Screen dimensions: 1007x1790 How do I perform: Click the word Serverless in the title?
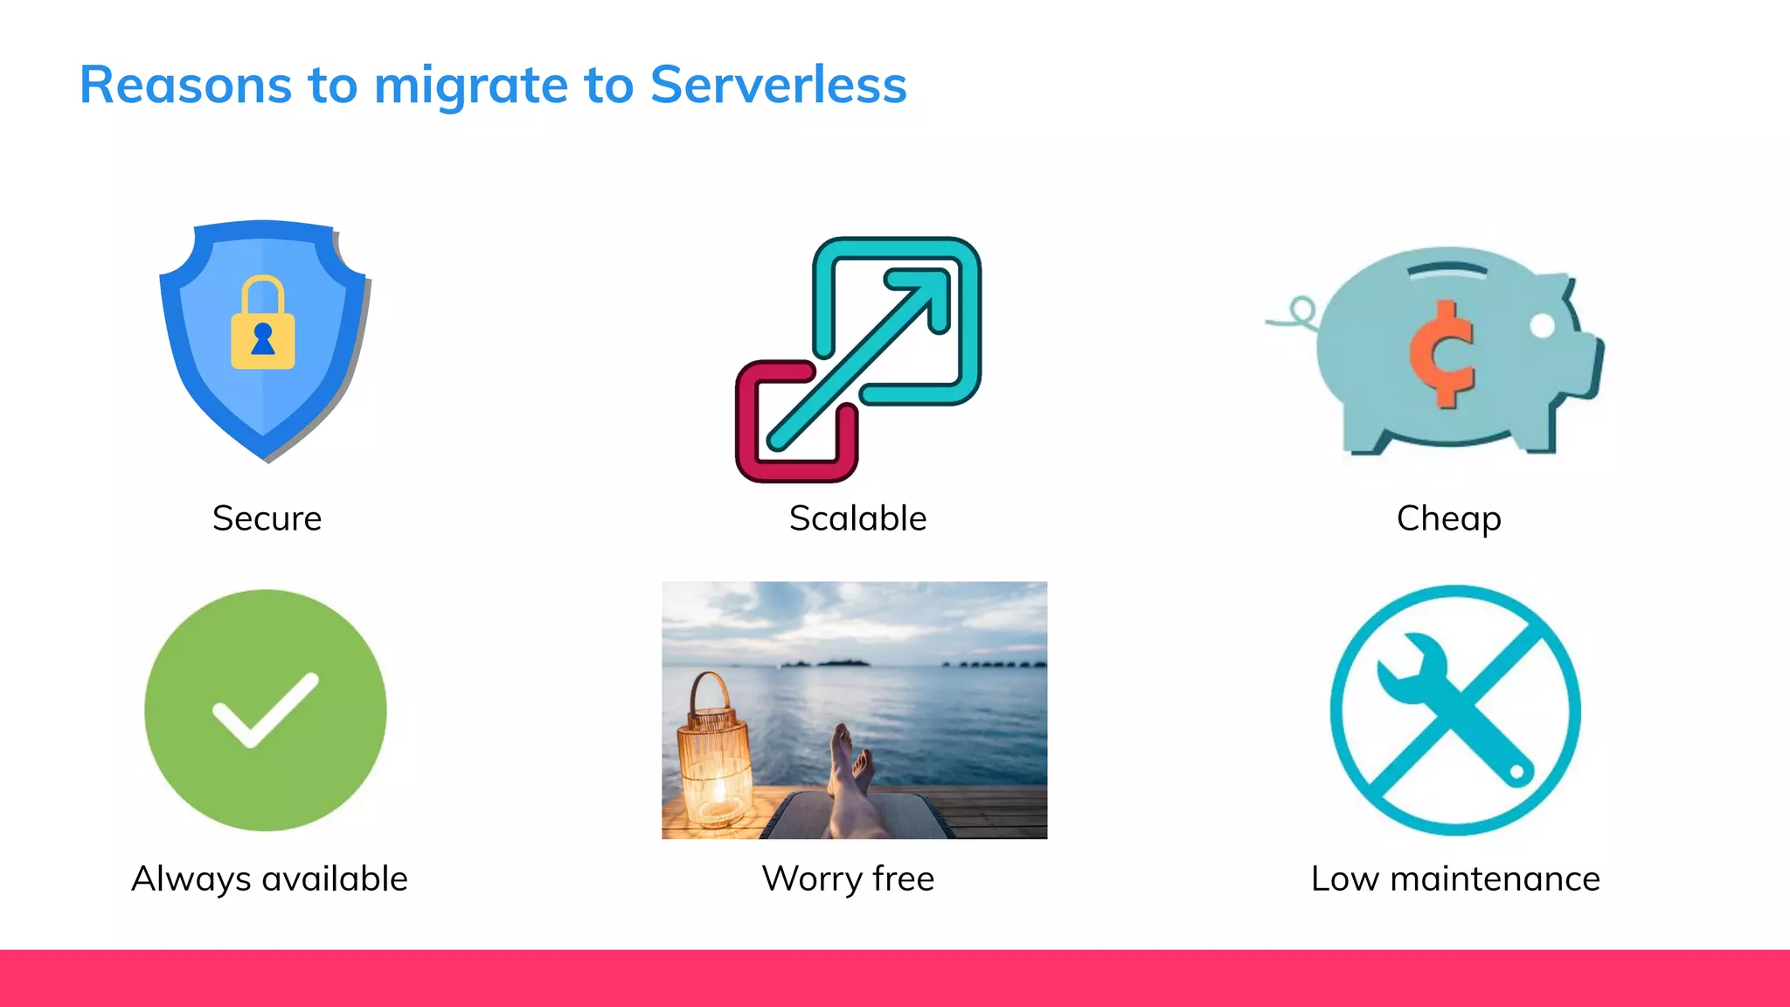(x=778, y=85)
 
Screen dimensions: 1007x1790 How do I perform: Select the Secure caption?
(x=267, y=518)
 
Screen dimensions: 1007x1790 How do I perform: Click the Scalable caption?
(x=857, y=518)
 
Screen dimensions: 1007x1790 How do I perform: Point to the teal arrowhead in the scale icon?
(x=926, y=293)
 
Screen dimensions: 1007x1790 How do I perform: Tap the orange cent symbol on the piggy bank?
(x=1443, y=354)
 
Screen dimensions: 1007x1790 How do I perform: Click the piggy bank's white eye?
(x=1543, y=325)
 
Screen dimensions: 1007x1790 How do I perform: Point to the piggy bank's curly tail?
(x=1297, y=315)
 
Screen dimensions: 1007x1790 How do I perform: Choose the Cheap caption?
(x=1448, y=518)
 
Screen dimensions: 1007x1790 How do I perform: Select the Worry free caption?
(x=848, y=879)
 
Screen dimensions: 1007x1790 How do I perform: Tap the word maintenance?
(x=1495, y=879)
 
